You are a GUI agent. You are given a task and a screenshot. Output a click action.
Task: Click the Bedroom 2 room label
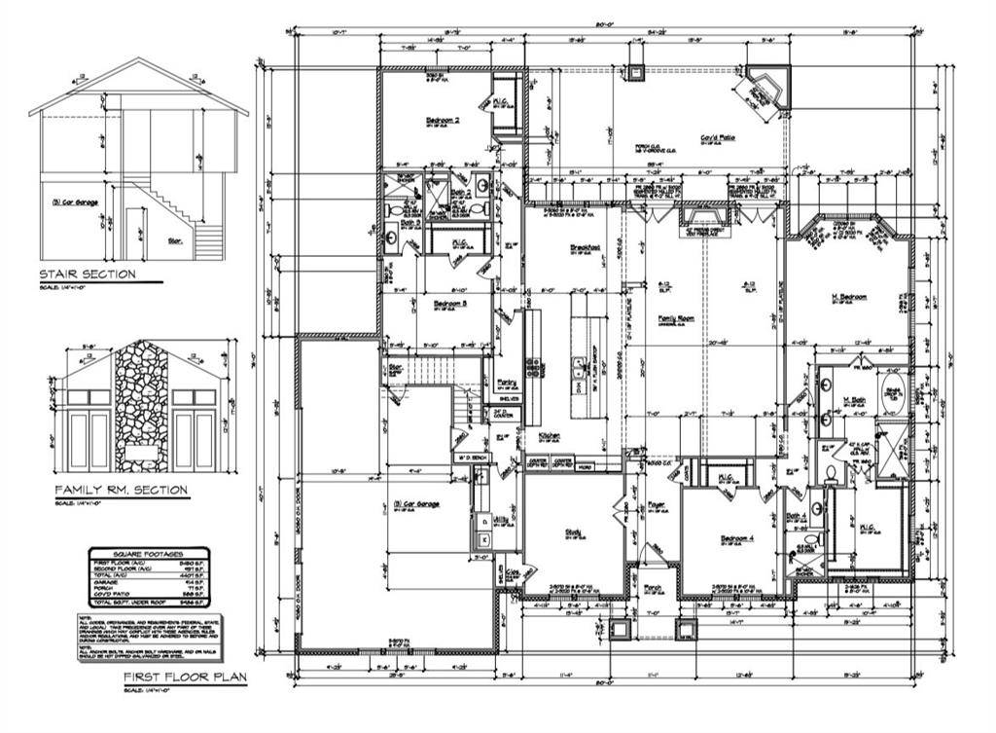tap(443, 121)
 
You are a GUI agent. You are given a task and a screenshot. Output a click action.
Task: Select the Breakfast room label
tap(584, 247)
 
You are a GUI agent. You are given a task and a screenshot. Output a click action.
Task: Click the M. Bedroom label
tap(848, 297)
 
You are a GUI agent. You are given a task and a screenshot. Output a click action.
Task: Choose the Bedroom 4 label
tap(736, 538)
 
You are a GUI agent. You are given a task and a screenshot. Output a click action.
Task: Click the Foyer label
tap(657, 504)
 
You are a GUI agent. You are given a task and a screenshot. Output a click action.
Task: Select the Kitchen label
tap(549, 435)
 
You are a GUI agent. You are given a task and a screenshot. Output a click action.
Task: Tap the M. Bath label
tap(854, 400)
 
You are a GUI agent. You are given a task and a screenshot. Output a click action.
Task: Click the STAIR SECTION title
tap(87, 275)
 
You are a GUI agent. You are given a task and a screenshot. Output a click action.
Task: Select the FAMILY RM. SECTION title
tap(121, 490)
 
